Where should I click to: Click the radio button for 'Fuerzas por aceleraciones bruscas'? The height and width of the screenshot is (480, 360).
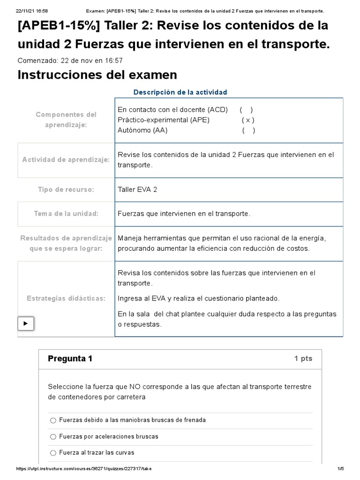click(53, 437)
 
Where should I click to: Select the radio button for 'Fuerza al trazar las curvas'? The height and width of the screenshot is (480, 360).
click(53, 453)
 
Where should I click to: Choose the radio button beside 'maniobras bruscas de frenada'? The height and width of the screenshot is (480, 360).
click(53, 420)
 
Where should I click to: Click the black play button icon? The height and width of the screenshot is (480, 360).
click(26, 323)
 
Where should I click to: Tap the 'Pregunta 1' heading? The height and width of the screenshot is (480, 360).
click(70, 359)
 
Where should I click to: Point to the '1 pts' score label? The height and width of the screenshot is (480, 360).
click(303, 359)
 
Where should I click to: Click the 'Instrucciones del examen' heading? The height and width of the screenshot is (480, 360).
click(97, 75)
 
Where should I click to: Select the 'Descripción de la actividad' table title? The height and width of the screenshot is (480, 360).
click(180, 92)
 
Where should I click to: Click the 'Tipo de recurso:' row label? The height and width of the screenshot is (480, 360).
click(66, 190)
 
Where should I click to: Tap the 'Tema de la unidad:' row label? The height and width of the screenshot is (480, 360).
click(66, 214)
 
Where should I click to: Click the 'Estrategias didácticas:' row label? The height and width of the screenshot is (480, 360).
click(66, 298)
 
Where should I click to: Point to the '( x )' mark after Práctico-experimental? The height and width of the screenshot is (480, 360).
click(248, 120)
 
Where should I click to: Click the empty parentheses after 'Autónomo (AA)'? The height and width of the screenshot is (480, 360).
click(248, 130)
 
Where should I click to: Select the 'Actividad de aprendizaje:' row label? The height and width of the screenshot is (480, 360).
click(66, 160)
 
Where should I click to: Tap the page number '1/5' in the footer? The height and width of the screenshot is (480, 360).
click(341, 469)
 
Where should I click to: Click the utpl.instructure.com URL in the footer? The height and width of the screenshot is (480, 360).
click(84, 469)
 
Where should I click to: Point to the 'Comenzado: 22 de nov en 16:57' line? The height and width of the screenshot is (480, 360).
click(70, 60)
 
